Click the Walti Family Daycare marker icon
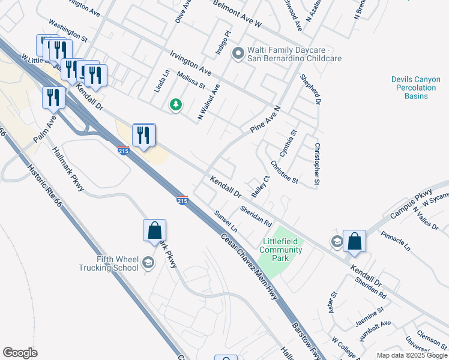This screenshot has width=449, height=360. click(238, 54)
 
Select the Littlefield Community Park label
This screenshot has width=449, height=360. click(280, 250)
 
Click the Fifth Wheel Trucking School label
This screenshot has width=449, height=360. click(109, 264)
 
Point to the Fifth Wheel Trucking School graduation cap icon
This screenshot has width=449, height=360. click(149, 262)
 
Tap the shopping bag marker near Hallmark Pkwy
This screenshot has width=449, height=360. click(154, 230)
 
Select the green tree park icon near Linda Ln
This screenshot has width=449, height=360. click(175, 105)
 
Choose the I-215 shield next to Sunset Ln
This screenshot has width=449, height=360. click(182, 200)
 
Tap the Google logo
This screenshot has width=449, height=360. click(20, 353)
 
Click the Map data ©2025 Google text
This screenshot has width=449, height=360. click(411, 355)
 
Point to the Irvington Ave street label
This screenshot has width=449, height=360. click(191, 62)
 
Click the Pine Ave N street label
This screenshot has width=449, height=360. click(265, 120)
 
